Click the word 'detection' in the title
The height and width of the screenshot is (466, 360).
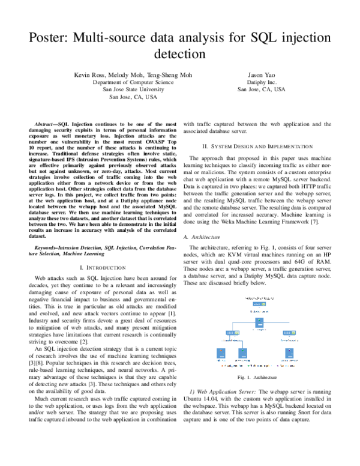pos(180,54)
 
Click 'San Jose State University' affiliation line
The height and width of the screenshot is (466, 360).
pos(131,89)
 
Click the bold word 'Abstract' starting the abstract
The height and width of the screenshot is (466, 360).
pos(47,123)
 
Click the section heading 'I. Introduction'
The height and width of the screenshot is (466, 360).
pos(105,267)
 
